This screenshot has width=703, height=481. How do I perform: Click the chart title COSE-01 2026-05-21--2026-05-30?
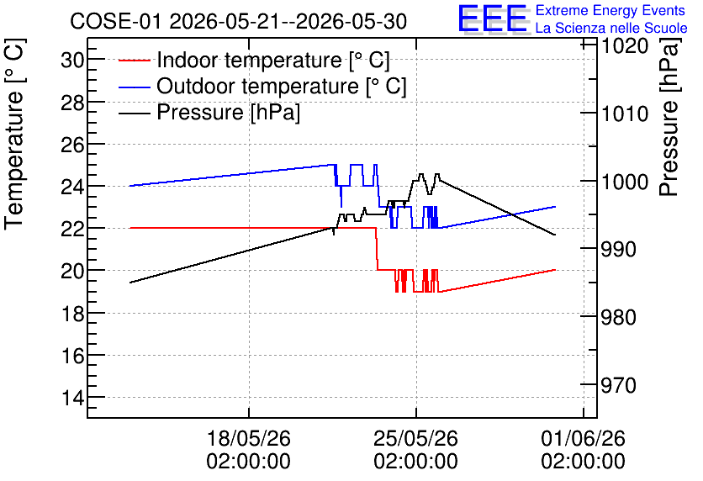238,22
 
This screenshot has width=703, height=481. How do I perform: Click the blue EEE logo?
493,18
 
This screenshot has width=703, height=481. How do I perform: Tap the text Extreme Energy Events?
610,10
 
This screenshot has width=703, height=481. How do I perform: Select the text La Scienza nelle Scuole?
611,28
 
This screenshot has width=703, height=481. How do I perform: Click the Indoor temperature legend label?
273,60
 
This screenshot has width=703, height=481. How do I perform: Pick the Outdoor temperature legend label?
282,86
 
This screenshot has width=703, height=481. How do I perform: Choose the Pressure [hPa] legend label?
228,112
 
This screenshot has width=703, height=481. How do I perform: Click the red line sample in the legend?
134,60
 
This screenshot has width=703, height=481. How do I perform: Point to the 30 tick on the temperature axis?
73,60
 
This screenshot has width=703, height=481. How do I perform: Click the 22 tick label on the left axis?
73,228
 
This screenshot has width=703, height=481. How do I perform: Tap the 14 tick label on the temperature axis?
73,397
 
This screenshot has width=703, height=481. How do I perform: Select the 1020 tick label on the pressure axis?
625,45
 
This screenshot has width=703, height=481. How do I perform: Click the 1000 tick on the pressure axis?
625,182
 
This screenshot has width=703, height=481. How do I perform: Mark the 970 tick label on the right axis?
619,385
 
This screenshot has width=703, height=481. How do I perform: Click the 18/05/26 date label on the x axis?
248,449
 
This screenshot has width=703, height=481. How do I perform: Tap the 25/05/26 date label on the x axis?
416,449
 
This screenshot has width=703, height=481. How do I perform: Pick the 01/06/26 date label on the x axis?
584,449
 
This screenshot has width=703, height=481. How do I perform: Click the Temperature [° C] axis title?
15,135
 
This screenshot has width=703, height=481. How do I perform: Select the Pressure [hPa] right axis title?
669,117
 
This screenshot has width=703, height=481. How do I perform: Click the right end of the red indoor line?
556,270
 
